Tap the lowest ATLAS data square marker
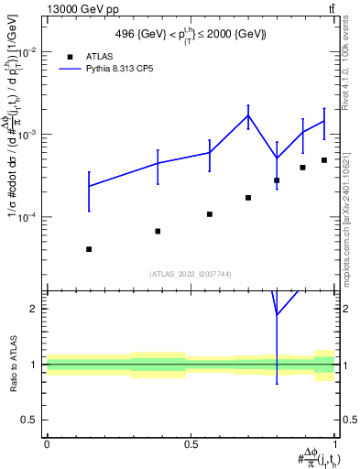(x=89, y=249)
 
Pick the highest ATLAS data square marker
(x=324, y=160)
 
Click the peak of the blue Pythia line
(x=248, y=115)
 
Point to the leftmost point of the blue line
(x=89, y=186)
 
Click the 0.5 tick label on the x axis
(x=191, y=443)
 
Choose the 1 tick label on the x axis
(x=335, y=443)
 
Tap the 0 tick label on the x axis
(x=47, y=443)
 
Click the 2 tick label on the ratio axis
(x=34, y=309)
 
